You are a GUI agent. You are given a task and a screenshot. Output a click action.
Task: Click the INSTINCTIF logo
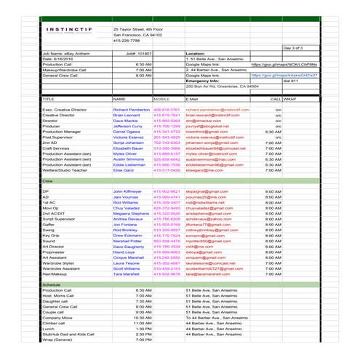click(67, 31)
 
